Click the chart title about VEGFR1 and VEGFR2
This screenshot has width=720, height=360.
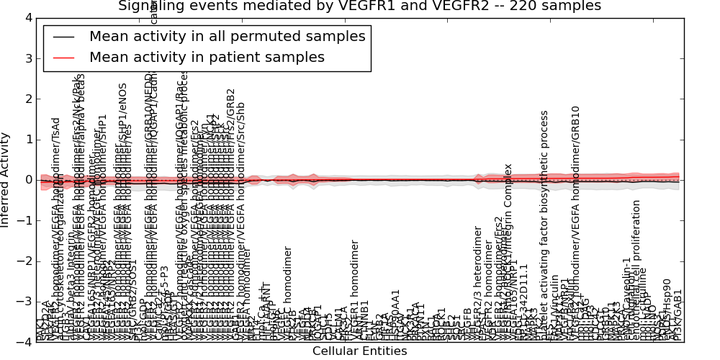pos(359,6)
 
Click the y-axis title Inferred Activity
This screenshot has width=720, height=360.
pos(6,180)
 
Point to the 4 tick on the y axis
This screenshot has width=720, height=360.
pos(28,18)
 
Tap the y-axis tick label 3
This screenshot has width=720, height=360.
pos(28,58)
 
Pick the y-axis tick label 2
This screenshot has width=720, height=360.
pos(28,99)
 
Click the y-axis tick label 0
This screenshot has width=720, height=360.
pos(28,180)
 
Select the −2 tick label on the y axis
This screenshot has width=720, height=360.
pos(25,261)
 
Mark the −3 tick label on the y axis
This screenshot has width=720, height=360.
pos(25,302)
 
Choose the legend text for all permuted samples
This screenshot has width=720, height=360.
pos(227,35)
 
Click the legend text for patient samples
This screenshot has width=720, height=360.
pos(207,57)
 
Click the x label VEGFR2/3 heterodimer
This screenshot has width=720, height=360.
pos(477,281)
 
